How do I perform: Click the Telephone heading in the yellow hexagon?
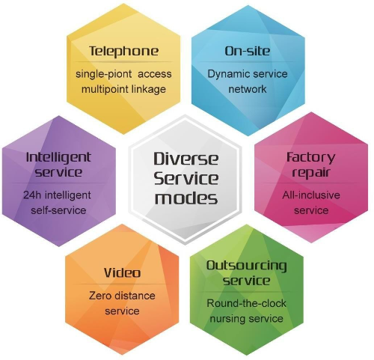(123, 51)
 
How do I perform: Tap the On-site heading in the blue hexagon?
(248, 51)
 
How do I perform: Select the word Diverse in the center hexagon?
(186, 159)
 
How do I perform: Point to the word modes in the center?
(186, 198)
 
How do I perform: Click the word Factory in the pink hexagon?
(311, 158)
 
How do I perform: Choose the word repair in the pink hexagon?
(311, 173)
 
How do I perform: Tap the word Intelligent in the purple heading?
(58, 158)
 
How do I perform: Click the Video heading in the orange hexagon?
(122, 272)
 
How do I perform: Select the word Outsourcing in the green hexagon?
(246, 266)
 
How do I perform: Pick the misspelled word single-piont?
(104, 74)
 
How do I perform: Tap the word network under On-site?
(248, 89)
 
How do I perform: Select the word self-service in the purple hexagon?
(58, 210)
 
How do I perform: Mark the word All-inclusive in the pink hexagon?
(311, 195)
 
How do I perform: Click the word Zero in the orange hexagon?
(99, 296)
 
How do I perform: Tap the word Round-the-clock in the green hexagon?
(246, 303)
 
